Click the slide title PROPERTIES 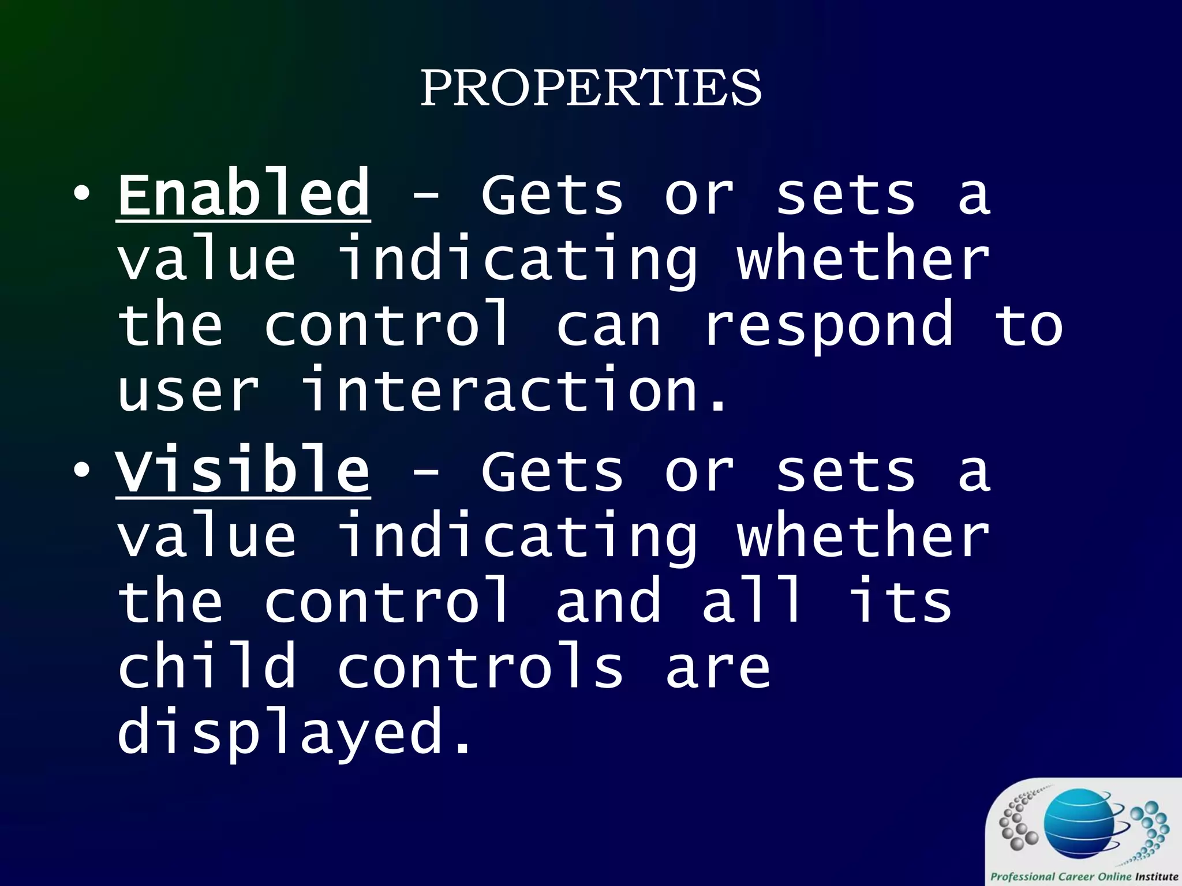point(590,88)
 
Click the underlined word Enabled point(244,194)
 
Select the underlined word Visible point(243,471)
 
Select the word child point(207,667)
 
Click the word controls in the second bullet point(480,667)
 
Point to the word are point(718,667)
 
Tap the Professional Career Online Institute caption point(1084,876)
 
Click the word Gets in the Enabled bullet point(552,194)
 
